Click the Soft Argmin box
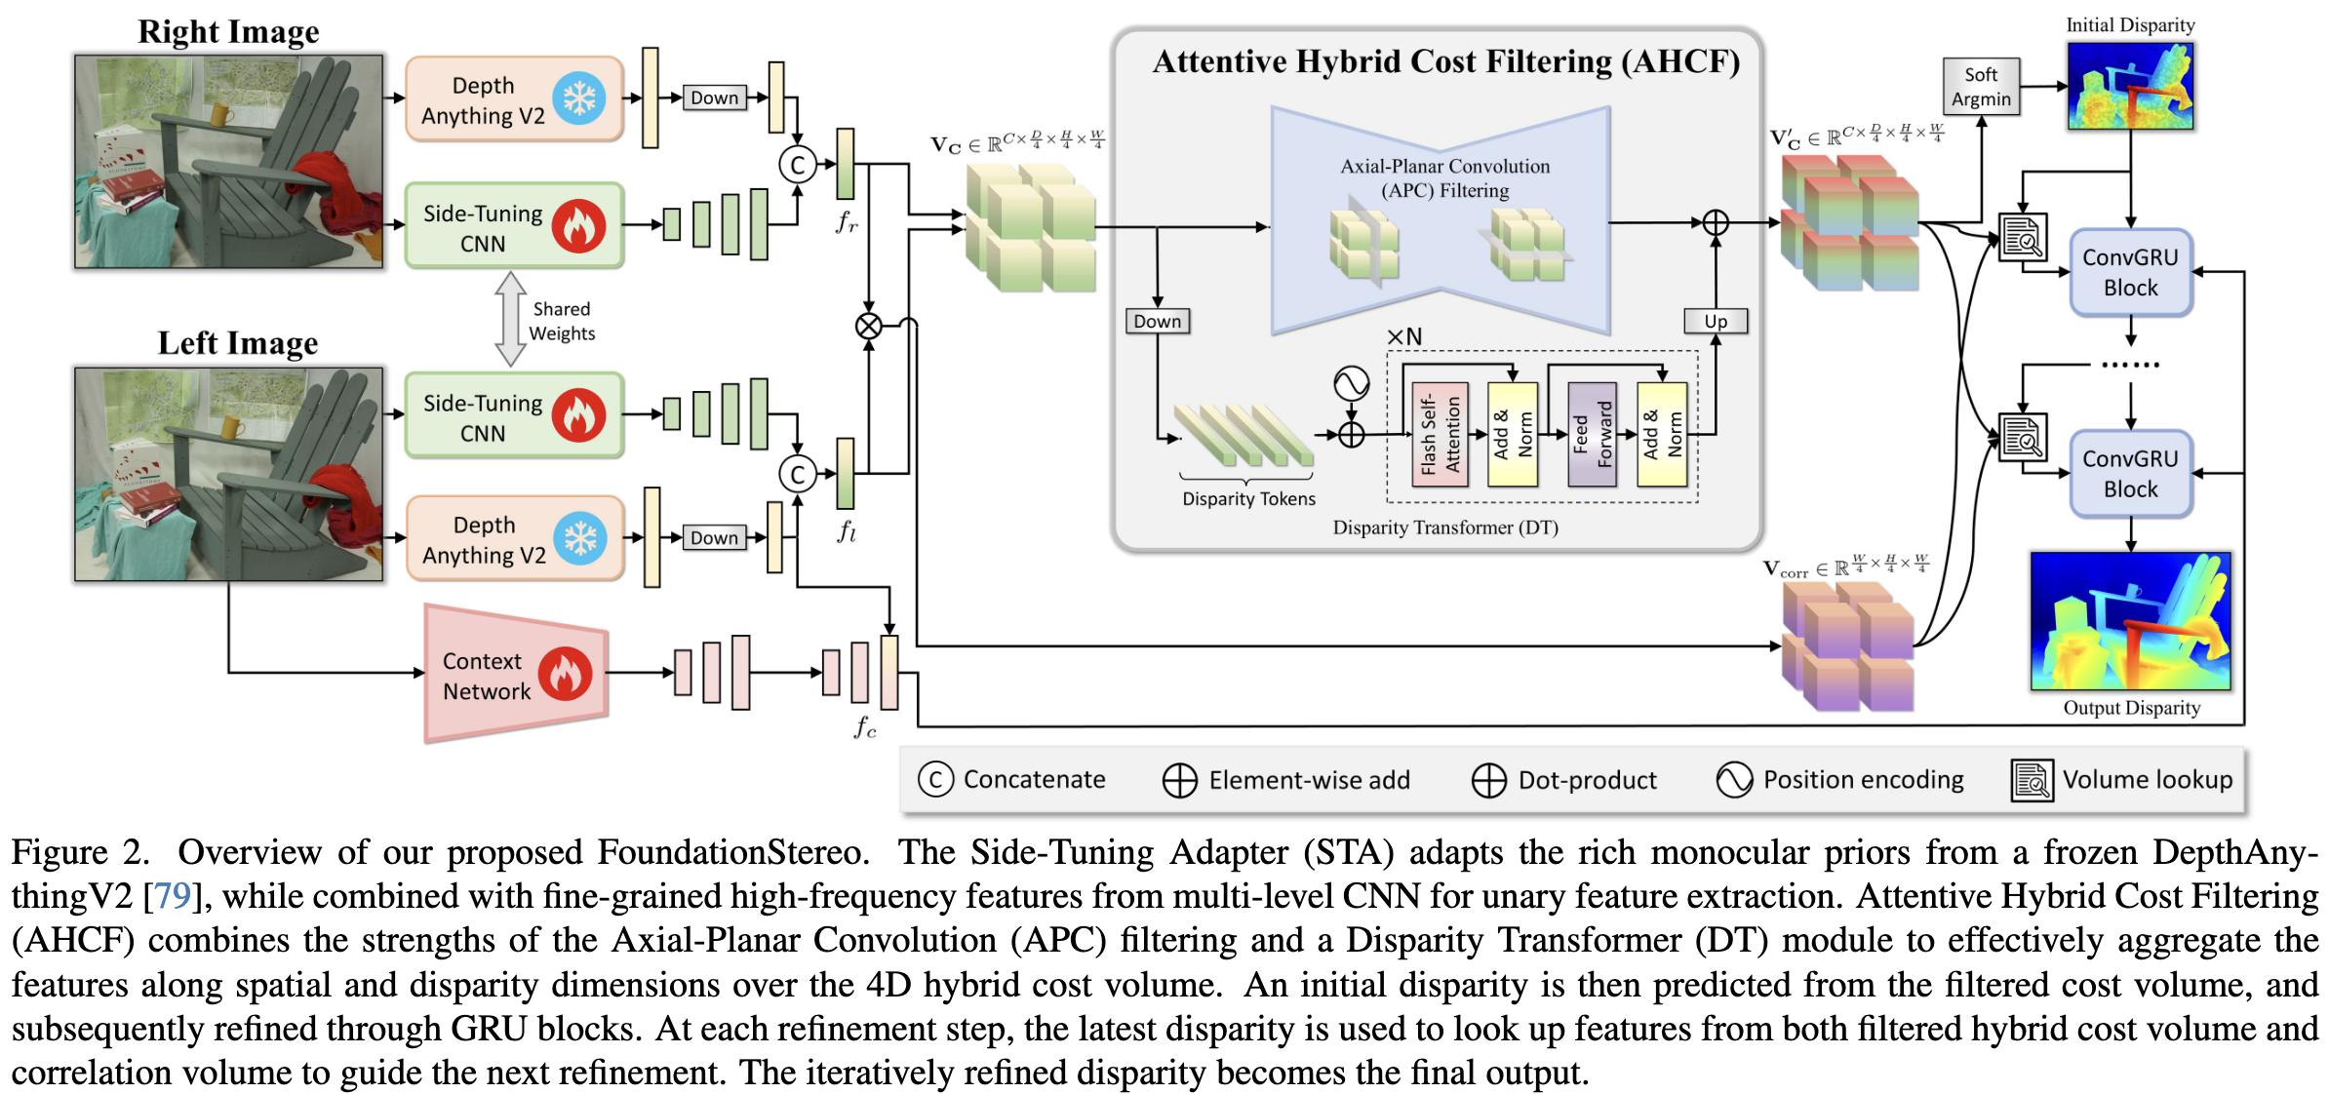pyautogui.click(x=1980, y=87)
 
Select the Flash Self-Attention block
pyautogui.click(x=1440, y=435)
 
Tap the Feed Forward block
pyautogui.click(x=1592, y=435)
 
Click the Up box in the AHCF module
pyautogui.click(x=1715, y=321)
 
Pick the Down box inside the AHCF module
pyautogui.click(x=1157, y=321)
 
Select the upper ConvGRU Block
pyautogui.click(x=2130, y=272)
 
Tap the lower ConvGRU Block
pyautogui.click(x=2130, y=474)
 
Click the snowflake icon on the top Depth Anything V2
pyautogui.click(x=579, y=98)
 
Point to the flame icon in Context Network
pyautogui.click(x=565, y=675)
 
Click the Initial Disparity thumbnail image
pyautogui.click(x=2130, y=87)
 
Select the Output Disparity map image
pyautogui.click(x=2130, y=621)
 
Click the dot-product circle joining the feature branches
pyautogui.click(x=868, y=326)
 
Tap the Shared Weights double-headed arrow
pyautogui.click(x=510, y=319)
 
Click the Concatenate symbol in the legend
pyautogui.click(x=935, y=779)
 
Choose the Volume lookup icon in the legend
pyautogui.click(x=2032, y=780)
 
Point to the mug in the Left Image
pyautogui.click(x=231, y=427)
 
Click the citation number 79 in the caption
pyautogui.click(x=173, y=896)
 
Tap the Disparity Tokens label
pyautogui.click(x=1248, y=499)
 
